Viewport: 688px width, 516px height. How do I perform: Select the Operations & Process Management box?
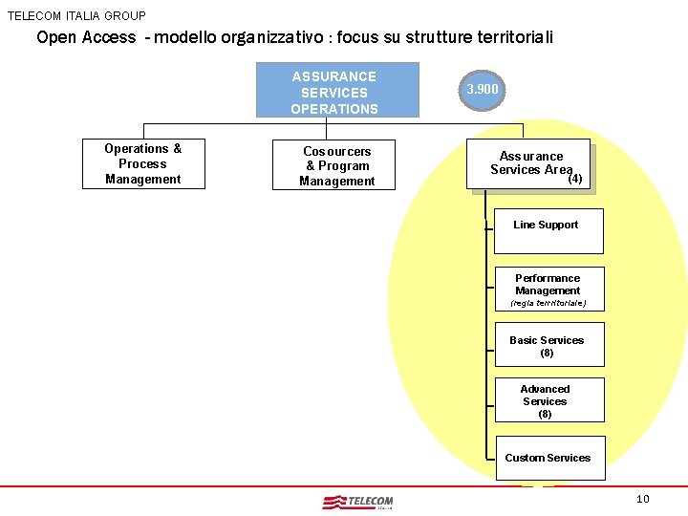tap(143, 163)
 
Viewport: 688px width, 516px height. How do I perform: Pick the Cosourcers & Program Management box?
tap(336, 165)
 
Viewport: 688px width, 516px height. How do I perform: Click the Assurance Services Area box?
tap(532, 167)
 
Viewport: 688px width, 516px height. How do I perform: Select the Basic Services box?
tap(548, 345)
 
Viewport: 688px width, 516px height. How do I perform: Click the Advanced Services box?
tap(548, 399)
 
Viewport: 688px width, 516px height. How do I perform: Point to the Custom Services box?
tap(548, 458)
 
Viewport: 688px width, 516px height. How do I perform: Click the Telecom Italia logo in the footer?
tap(358, 502)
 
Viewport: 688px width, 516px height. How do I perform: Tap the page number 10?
tap(642, 499)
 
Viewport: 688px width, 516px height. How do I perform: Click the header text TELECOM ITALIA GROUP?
tap(77, 15)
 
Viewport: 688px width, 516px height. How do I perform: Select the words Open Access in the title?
tap(86, 38)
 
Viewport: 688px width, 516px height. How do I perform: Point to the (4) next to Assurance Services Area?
tap(575, 178)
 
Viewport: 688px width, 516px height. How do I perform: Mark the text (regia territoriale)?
tap(548, 303)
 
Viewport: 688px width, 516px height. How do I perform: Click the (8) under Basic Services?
tap(547, 353)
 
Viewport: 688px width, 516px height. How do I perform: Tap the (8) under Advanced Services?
tap(545, 414)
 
